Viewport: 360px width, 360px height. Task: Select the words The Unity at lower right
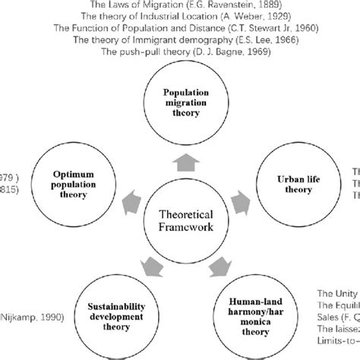[x=336, y=292]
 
